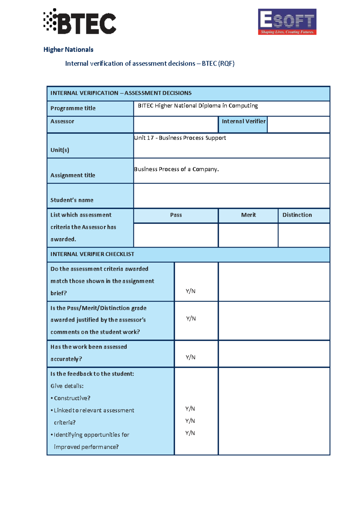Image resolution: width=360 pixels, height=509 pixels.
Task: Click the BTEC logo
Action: pyautogui.click(x=80, y=22)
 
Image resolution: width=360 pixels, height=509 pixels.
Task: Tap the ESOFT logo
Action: pyautogui.click(x=287, y=22)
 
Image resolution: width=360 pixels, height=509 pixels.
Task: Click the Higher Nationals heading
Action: pyautogui.click(x=68, y=50)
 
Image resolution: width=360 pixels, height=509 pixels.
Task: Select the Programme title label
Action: pyautogui.click(x=73, y=108)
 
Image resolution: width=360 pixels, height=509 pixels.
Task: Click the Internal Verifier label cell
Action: pyautogui.click(x=243, y=122)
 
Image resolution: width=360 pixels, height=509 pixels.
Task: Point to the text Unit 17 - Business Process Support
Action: pyautogui.click(x=180, y=138)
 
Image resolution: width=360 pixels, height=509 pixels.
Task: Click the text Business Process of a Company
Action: pyautogui.click(x=176, y=169)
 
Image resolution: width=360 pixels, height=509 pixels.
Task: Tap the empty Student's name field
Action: pyautogui.click(x=231, y=196)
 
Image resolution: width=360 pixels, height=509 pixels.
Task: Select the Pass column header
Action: pyautogui.click(x=176, y=215)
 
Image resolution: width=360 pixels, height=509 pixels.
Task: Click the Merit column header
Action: pyautogui.click(x=248, y=215)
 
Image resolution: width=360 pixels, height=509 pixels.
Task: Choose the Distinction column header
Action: pyautogui.click(x=297, y=215)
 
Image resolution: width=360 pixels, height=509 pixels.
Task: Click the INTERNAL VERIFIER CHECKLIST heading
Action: pyautogui.click(x=92, y=254)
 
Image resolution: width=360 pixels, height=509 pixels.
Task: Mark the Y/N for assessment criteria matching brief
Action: pyautogui.click(x=190, y=291)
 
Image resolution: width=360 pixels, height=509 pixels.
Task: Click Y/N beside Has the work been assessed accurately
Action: pyautogui.click(x=190, y=357)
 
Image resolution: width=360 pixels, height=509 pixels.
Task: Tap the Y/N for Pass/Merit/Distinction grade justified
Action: pyautogui.click(x=191, y=318)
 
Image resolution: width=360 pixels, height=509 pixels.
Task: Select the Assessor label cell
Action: pyautogui.click(x=62, y=122)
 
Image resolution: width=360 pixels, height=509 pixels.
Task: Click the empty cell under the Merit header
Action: pyautogui.click(x=248, y=235)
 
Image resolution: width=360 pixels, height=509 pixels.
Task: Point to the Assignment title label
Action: pyautogui.click(x=73, y=175)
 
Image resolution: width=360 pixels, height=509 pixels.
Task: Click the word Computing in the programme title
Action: pyautogui.click(x=243, y=106)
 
